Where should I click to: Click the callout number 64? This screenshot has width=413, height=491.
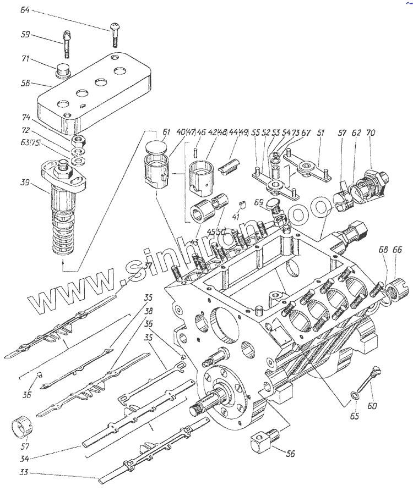[26, 10]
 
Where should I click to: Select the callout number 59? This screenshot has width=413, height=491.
[25, 35]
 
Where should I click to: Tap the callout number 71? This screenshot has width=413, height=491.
[26, 59]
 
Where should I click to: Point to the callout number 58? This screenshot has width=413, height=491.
[25, 84]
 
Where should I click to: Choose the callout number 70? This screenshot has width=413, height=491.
[370, 133]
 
